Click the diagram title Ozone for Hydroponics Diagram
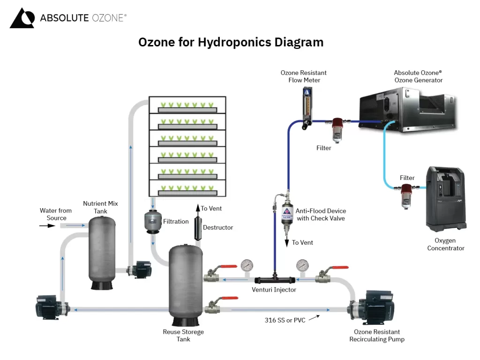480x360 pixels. (231, 42)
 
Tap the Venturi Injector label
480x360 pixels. (274, 290)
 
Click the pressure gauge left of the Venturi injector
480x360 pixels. (246, 266)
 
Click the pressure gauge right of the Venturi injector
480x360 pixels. (302, 266)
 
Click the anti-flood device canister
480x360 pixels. (287, 213)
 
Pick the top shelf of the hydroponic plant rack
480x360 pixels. (187, 105)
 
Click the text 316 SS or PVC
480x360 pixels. (285, 320)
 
